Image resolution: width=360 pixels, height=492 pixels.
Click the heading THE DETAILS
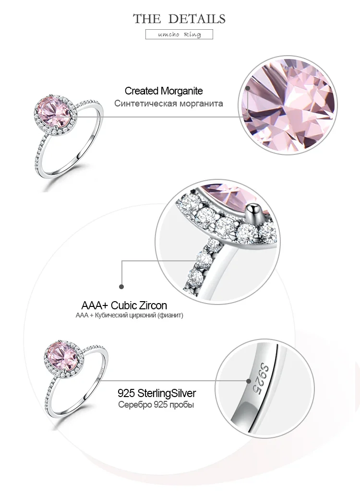(180, 19)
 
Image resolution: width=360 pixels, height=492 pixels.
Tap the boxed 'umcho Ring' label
(179, 35)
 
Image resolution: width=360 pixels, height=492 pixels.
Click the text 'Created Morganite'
(164, 91)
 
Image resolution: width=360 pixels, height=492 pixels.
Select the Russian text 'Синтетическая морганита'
(168, 103)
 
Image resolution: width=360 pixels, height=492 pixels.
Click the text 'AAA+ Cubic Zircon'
(124, 305)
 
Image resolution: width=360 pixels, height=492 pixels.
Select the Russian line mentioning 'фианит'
(130, 316)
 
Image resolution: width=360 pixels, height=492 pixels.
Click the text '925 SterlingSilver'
(157, 394)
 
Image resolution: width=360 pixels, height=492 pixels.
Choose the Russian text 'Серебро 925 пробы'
(156, 405)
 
